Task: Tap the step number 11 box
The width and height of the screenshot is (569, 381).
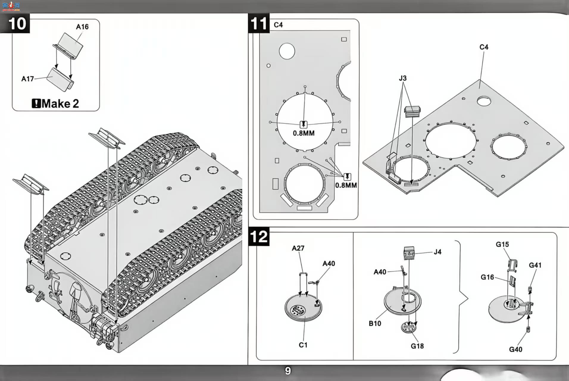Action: [x=259, y=23]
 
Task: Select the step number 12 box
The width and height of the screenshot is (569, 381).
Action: [x=259, y=237]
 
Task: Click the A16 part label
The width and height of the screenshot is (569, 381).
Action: [x=82, y=27]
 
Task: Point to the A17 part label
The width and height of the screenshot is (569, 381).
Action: [x=27, y=79]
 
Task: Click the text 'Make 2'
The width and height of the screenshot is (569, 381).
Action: [x=60, y=104]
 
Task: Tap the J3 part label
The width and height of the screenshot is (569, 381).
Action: [x=403, y=78]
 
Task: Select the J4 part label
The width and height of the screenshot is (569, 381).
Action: [x=437, y=252]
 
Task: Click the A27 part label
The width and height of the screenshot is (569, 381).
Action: [x=298, y=248]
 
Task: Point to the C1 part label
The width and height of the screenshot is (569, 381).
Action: [x=303, y=345]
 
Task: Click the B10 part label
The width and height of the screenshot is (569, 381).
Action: [x=375, y=324]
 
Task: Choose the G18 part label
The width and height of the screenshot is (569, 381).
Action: [x=417, y=346]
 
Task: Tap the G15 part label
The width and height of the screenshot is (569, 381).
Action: [x=502, y=244]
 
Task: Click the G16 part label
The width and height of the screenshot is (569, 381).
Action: [x=487, y=277]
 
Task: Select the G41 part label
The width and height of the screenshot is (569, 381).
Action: [x=535, y=265]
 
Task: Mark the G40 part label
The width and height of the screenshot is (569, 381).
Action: [x=515, y=349]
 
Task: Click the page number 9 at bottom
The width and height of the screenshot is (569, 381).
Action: [x=288, y=371]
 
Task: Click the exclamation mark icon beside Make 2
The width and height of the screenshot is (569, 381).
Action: [x=36, y=104]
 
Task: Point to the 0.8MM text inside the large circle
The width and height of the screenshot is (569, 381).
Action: [x=304, y=133]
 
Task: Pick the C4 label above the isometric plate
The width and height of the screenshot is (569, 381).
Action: [x=484, y=47]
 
